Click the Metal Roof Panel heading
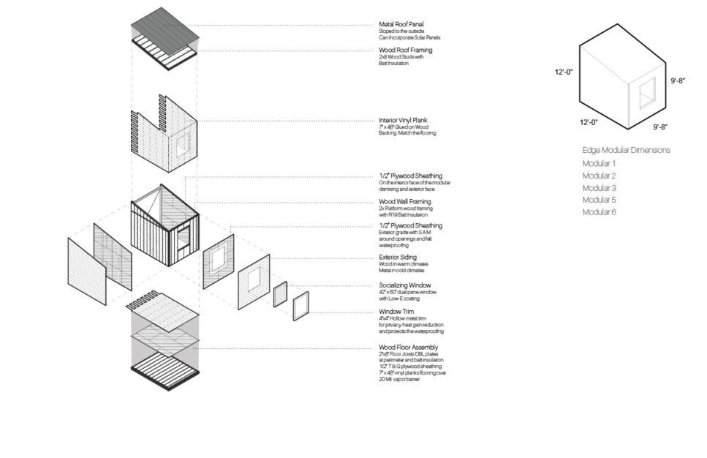point(401,24)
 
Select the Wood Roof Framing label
point(405,50)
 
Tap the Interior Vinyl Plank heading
point(403,121)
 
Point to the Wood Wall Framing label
point(404,202)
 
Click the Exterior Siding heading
point(398,258)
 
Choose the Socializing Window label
point(404,285)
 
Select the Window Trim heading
point(396,312)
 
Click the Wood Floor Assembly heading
point(408,348)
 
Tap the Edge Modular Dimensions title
point(626,150)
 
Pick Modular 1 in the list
point(599,164)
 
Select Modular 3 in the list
point(599,188)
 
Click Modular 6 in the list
point(599,212)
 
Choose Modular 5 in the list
point(599,200)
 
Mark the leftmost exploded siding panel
point(87,271)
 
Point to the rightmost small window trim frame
point(300,306)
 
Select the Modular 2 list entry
point(599,176)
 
